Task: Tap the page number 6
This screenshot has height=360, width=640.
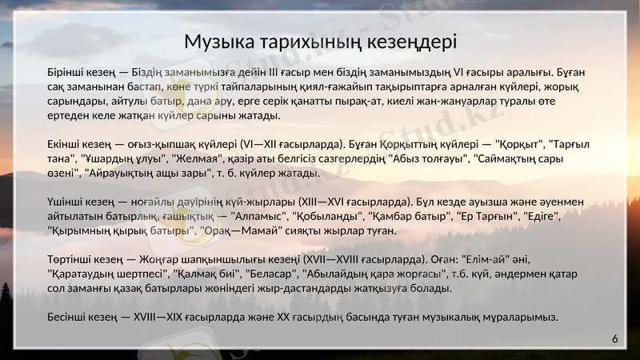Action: pos(615,339)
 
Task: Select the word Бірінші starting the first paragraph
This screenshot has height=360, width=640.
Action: pos(68,72)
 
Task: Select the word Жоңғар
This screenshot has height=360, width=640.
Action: pos(145,259)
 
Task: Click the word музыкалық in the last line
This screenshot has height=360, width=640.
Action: pos(452,317)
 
